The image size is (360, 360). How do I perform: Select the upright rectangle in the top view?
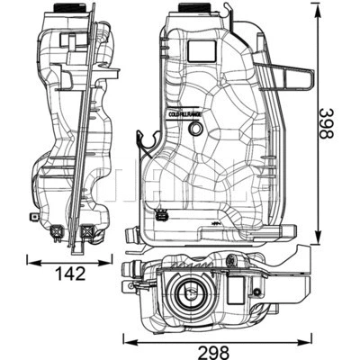pos(237,290)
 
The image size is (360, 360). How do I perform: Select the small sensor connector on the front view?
pos(162,216)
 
